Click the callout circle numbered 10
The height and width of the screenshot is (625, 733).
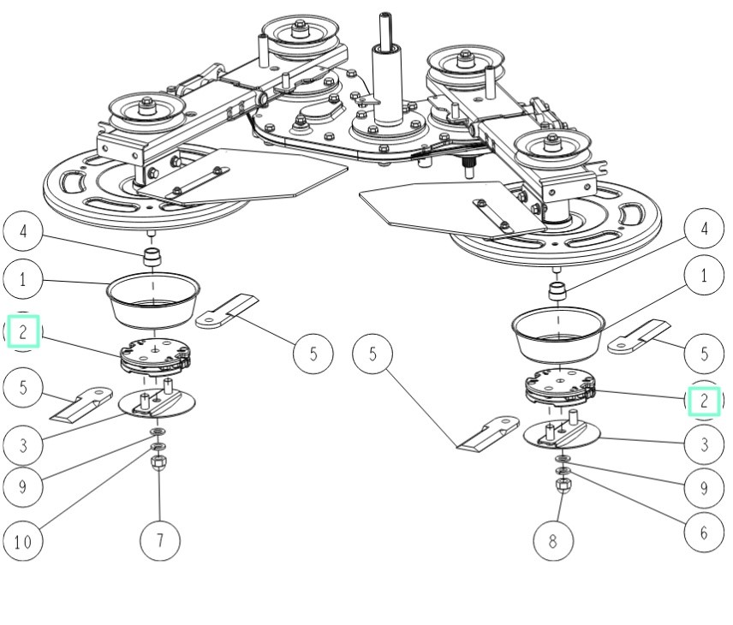pyautogui.click(x=23, y=540)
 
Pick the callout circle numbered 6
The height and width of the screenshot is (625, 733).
pyautogui.click(x=704, y=532)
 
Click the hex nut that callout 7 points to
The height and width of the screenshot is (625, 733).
pyautogui.click(x=159, y=464)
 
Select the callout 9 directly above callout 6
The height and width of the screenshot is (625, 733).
pyautogui.click(x=704, y=487)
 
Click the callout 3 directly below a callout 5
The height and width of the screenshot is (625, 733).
pyautogui.click(x=23, y=444)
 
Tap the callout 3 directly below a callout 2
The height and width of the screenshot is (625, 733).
pyautogui.click(x=704, y=444)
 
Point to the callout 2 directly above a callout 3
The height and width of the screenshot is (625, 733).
pyautogui.click(x=704, y=400)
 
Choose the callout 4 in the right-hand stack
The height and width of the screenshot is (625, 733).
pyautogui.click(x=704, y=229)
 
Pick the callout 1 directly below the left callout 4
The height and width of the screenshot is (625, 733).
pyautogui.click(x=23, y=278)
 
